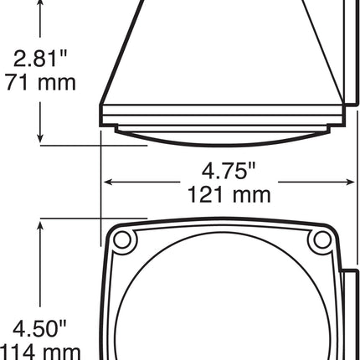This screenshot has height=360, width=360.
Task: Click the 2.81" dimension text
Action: pyautogui.click(x=39, y=59)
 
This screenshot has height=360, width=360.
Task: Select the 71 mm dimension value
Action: pyautogui.click(x=39, y=82)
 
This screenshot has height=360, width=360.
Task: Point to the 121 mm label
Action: pyautogui.click(x=229, y=194)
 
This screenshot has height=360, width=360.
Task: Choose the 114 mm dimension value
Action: pyautogui.click(x=39, y=350)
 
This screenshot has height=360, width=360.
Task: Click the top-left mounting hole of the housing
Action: pyautogui.click(x=123, y=240)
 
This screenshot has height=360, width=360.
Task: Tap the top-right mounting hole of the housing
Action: pyautogui.click(x=320, y=240)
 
